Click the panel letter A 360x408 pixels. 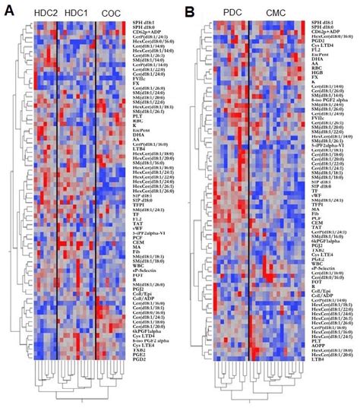(x=9, y=10)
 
